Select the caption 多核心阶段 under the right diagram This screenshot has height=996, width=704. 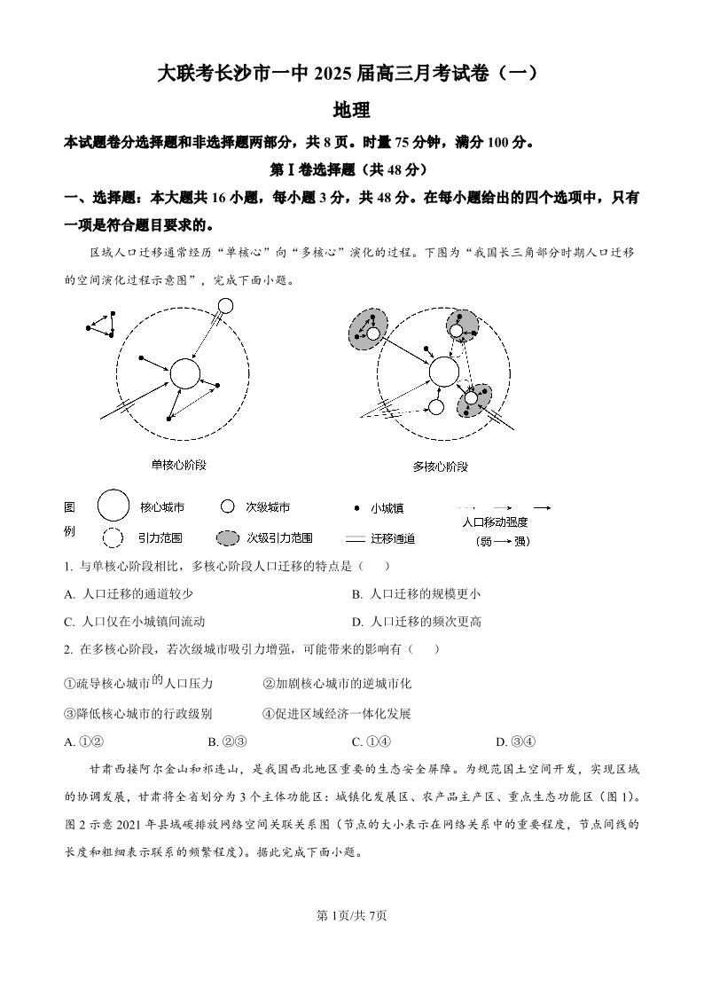coord(440,467)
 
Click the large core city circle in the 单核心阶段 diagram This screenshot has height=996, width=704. coord(184,373)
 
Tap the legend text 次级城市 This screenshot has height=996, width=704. coord(267,507)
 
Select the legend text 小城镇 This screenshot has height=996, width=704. coord(387,508)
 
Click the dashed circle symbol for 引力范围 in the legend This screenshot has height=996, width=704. coord(113,537)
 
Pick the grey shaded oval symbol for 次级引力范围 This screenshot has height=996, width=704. coord(227,538)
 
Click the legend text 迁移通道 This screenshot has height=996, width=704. coord(392,538)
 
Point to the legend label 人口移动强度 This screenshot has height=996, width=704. coord(495,522)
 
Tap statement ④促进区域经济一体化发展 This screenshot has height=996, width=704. coord(337,713)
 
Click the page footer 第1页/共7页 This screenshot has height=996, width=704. coord(352,915)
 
